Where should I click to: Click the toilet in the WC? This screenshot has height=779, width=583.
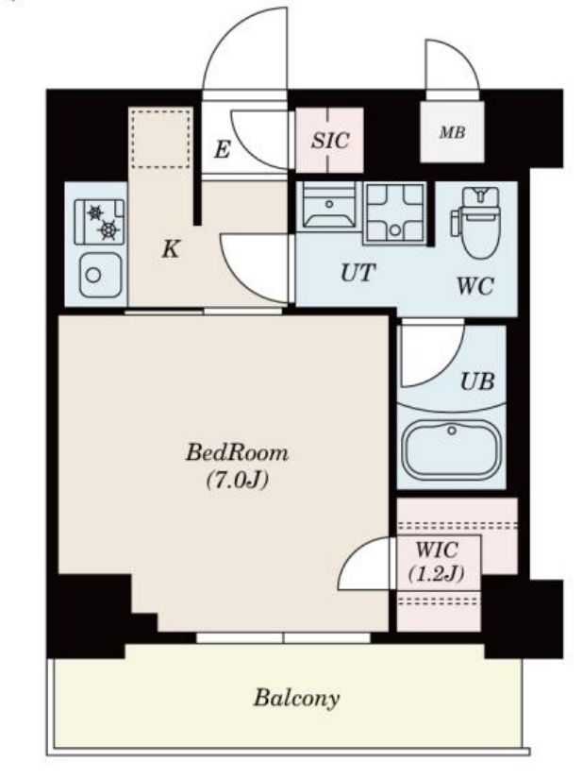coord(476,222)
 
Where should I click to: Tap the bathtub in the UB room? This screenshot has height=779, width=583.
coord(451,451)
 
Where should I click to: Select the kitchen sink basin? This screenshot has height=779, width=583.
coord(100,275)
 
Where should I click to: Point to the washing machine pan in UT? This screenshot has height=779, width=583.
coord(394,213)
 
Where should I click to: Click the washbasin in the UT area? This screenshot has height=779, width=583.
coord(329,204)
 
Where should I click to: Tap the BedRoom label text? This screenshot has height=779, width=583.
coord(237,453)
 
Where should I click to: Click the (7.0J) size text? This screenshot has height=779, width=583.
coord(237,481)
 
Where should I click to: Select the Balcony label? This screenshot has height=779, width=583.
coord(297,699)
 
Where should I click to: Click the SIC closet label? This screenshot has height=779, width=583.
coord(330,141)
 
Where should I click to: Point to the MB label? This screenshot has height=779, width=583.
coord(453,132)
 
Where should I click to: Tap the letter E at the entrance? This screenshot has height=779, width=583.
coord(223,149)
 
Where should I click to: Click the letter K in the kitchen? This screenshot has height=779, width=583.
coord(171,249)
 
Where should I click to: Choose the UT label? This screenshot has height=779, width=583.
coord(358,273)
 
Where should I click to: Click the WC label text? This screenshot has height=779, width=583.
coord(475,286)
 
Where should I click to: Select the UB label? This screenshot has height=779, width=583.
coord(477,381)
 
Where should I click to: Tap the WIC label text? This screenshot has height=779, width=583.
coord(437,550)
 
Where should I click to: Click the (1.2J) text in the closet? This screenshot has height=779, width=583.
coord(437,574)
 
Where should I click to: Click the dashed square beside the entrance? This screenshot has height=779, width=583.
coord(160,140)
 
